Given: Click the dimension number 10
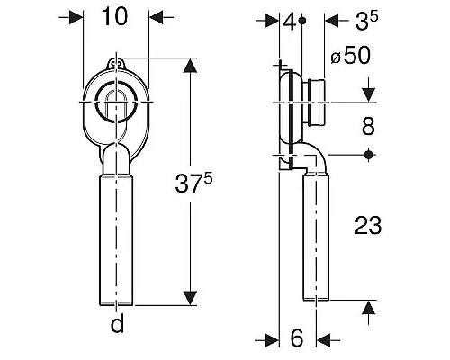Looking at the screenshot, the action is point(115,16).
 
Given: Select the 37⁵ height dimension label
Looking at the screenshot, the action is point(193,183).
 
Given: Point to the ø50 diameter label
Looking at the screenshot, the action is point(351,56).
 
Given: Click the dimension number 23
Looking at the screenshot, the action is point(368,225).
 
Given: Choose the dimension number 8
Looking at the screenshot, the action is point(368,126).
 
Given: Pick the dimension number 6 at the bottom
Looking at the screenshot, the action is point(297,338).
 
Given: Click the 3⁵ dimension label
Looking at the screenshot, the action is point(366,21).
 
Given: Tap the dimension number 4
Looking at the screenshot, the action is point(290,22).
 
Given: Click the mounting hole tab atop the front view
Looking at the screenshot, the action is point(116,64).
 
